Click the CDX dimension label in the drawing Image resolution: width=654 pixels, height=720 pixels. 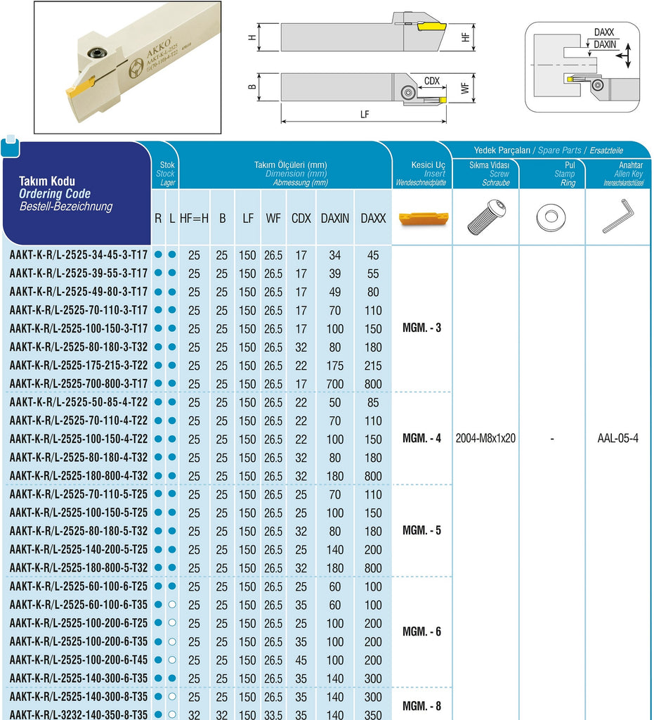tap(431, 81)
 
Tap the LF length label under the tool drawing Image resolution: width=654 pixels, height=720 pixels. tap(364, 114)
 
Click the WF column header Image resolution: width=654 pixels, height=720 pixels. tap(273, 219)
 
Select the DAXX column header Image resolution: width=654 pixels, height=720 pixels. tap(373, 219)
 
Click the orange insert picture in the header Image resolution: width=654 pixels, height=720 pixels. tap(420, 218)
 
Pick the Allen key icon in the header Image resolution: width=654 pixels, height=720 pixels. tap(617, 217)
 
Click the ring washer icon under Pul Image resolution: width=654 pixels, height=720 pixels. tap(551, 218)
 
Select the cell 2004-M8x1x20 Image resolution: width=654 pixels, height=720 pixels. tap(485, 438)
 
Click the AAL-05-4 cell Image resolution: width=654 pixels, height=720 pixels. tap(617, 438)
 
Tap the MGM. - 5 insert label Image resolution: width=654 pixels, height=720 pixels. tap(421, 530)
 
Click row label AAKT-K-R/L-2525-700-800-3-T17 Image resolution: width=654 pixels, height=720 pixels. tap(79, 383)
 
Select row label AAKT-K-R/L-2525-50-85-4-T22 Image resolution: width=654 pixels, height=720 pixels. tap(79, 402)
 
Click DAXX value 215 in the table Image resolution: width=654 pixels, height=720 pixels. tap(373, 366)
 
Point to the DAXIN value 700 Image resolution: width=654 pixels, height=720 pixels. tap(335, 384)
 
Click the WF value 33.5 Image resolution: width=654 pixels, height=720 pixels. tap(273, 714)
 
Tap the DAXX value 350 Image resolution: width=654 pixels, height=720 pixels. tap(373, 714)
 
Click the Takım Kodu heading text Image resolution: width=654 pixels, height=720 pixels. tap(46, 181)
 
